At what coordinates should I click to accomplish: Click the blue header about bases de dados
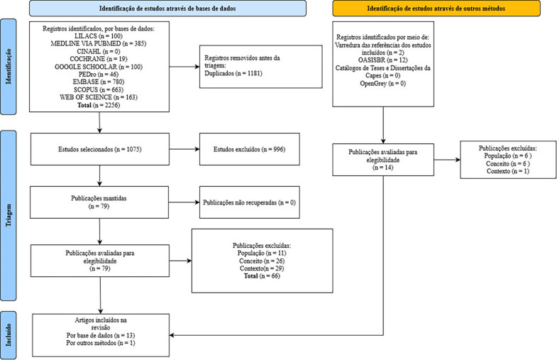pos(167,9)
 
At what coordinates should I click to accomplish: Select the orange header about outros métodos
pos(436,9)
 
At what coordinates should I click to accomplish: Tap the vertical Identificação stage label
pos(9,67)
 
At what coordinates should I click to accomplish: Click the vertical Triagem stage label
pos(9,215)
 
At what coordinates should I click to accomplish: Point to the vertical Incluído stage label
pos(9,335)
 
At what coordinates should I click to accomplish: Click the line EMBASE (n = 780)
pos(99,82)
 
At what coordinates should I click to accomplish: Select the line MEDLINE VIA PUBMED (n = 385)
pos(99,44)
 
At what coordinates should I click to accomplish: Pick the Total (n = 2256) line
pos(99,105)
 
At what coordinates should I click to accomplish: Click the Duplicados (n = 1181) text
pos(233,73)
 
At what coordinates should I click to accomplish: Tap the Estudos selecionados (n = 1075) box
pos(100,149)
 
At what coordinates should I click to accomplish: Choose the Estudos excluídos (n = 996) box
pos(249,149)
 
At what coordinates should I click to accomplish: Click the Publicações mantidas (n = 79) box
pos(99,202)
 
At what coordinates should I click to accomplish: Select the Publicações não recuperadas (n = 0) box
pos(249,202)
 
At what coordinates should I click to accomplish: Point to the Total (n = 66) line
pos(262,276)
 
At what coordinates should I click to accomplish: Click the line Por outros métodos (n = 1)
pos(101,343)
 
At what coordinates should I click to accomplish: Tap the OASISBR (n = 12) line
pos(383,60)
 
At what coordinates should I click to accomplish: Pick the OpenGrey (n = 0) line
pos(383,84)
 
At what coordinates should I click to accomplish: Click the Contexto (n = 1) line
pos(507,171)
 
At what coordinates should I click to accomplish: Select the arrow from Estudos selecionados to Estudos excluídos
pos(184,149)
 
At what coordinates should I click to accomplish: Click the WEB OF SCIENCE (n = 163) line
pos(99,97)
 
